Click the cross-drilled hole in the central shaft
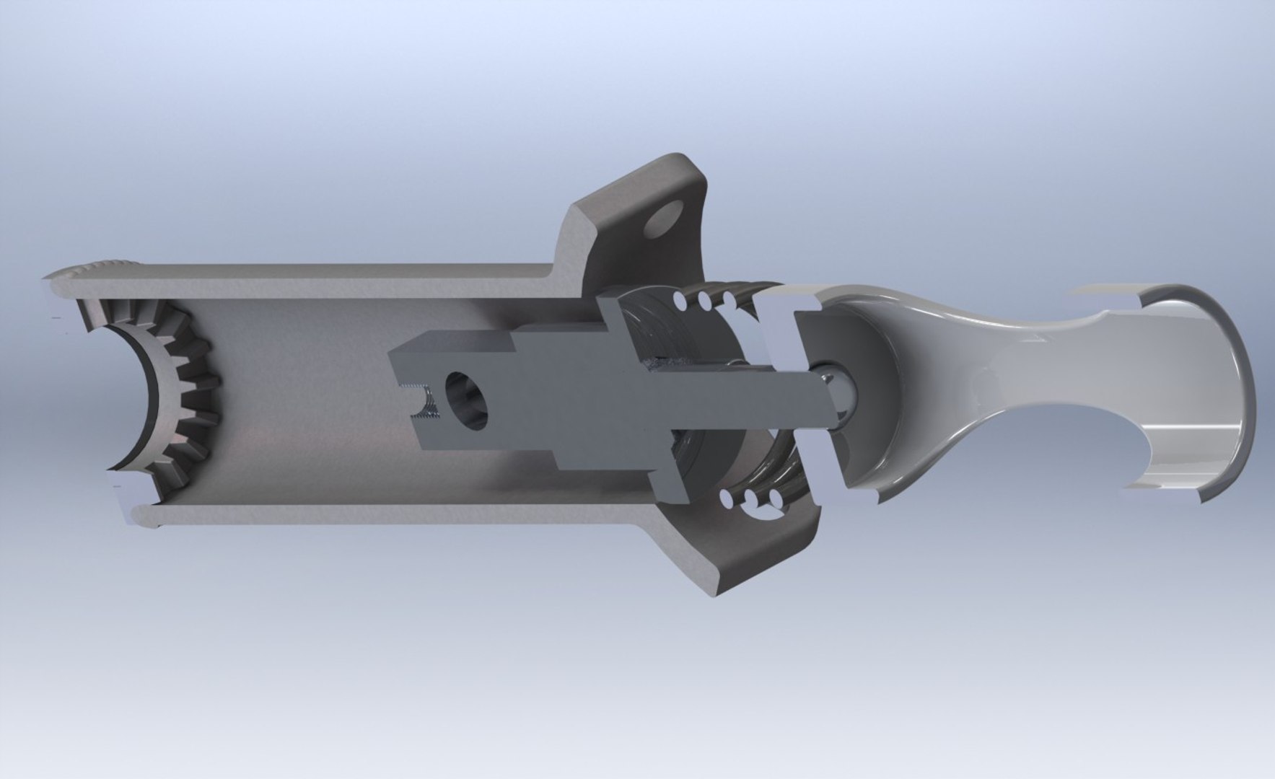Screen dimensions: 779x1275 pos(467,401)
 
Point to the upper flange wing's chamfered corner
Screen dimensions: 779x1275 pos(581,216)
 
